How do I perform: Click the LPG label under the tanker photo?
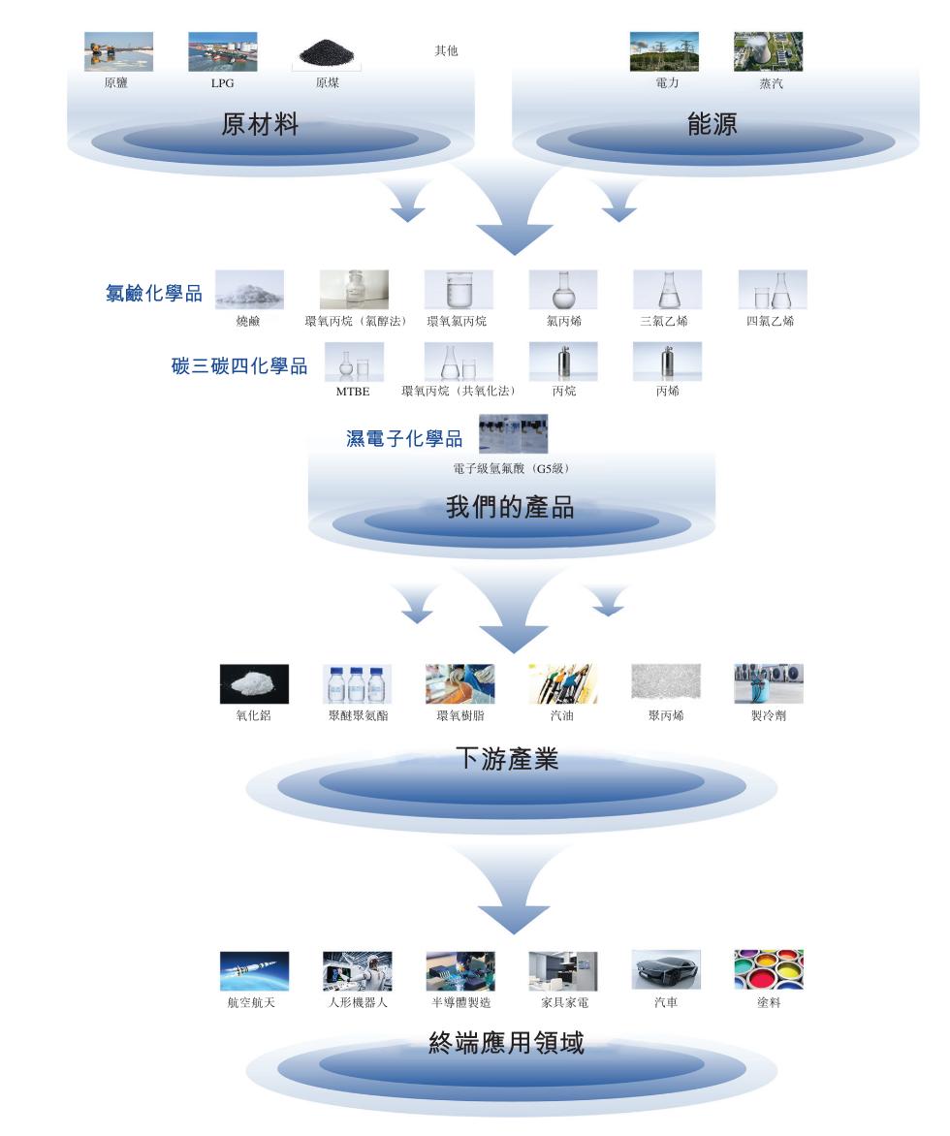coord(222,83)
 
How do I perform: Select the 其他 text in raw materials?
coord(446,51)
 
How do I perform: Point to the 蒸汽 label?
coord(771,84)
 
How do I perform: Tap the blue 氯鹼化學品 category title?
coord(154,293)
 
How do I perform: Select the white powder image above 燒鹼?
coord(249,290)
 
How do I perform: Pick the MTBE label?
coord(353,392)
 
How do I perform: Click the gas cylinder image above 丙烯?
coord(667,362)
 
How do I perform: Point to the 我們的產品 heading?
coord(510,507)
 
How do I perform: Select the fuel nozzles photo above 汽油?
coord(562,683)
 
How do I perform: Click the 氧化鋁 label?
coord(253,716)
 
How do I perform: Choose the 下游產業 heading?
coord(507,759)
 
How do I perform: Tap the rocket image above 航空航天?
coord(254,970)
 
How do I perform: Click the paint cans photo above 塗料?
coord(769,970)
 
